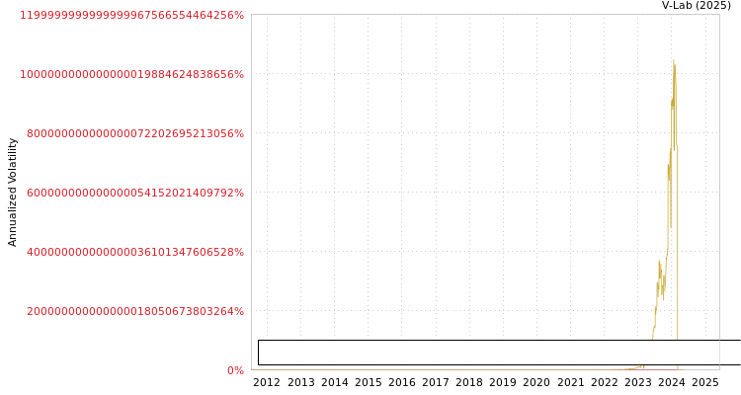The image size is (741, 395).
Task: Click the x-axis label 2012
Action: (x=267, y=382)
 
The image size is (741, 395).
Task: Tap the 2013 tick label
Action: (x=300, y=382)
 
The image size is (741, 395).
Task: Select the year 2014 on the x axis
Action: (x=335, y=382)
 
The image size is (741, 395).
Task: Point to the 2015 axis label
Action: (x=369, y=382)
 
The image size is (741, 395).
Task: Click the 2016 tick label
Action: (x=402, y=382)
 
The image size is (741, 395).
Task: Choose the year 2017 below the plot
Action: (x=436, y=382)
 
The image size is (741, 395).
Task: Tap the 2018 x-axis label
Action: (x=469, y=382)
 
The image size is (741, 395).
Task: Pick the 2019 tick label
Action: (x=503, y=382)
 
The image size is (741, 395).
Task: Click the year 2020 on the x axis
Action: (x=536, y=382)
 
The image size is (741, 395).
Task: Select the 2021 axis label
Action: (x=570, y=382)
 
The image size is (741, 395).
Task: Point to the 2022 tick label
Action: (x=604, y=382)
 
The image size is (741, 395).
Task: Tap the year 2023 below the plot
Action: (x=638, y=382)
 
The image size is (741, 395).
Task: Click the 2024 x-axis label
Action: (x=672, y=382)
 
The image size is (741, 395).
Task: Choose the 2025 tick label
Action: (x=705, y=382)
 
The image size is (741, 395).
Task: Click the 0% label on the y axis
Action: (x=235, y=370)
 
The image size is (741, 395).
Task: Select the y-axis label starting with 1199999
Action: (x=131, y=15)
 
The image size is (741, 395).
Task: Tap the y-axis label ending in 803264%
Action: (x=135, y=311)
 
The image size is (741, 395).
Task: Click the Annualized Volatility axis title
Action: (x=12, y=193)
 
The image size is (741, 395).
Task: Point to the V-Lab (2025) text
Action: (x=697, y=5)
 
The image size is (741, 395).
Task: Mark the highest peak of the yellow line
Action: (x=674, y=60)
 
